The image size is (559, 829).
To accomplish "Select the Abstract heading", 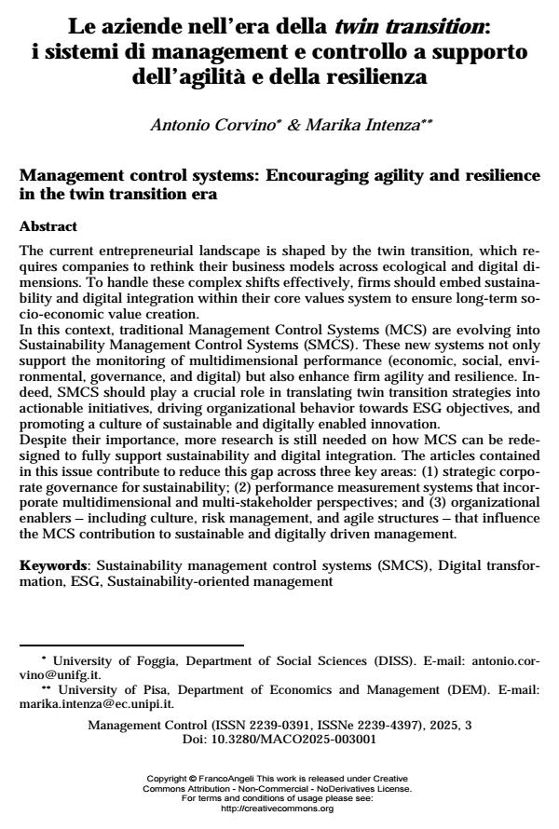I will click(x=48, y=226).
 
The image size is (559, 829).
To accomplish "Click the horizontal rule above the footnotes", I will click(x=131, y=645).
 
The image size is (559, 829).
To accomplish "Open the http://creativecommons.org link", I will click(x=279, y=808).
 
